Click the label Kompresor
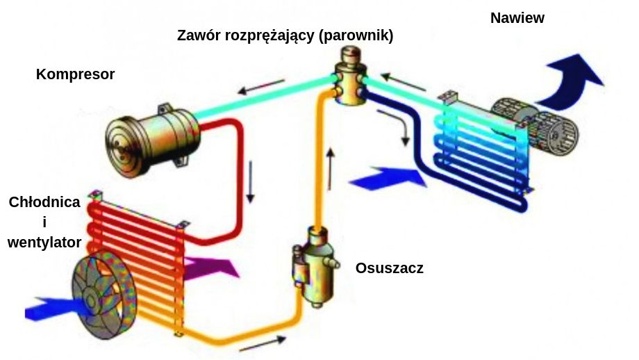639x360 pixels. pos(75,74)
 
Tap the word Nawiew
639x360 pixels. pos(517,19)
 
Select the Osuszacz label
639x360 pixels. pos(389,268)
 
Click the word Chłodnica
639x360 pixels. pos(44,202)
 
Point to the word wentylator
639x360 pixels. pos(44,243)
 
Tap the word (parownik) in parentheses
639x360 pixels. pos(356,36)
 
